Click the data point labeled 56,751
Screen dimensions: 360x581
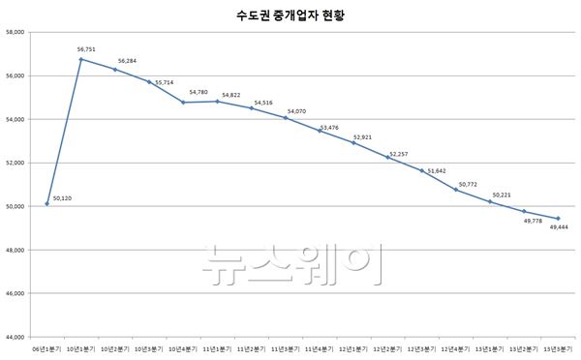pyautogui.click(x=80, y=59)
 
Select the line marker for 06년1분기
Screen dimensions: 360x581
pyautogui.click(x=46, y=204)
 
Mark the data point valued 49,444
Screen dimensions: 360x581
pyautogui.click(x=558, y=219)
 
